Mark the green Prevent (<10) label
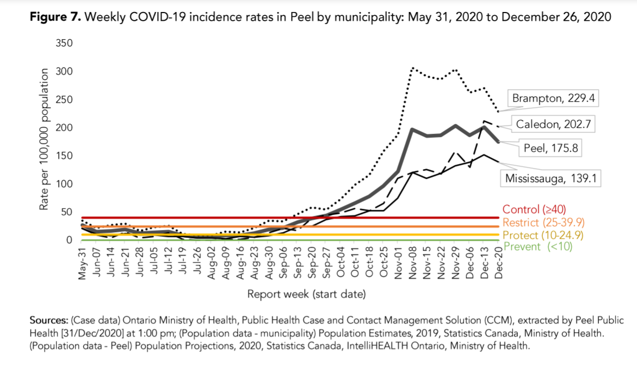pos(537,246)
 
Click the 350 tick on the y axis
pos(64,43)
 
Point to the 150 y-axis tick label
pos(64,155)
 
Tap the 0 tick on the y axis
pos(69,240)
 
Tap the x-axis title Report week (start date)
pos(306,294)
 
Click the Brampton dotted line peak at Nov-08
pos(412,69)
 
